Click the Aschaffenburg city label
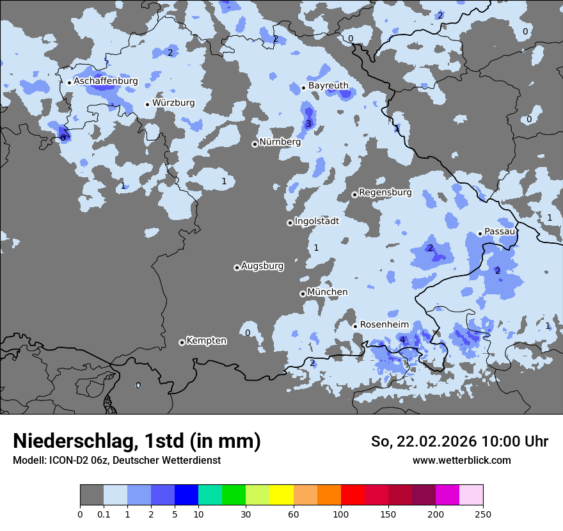106,81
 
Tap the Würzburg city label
173,102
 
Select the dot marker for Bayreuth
303,88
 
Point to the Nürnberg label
280,142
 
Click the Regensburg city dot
354,194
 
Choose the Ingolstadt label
317,221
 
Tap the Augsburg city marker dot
237,267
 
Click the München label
327,292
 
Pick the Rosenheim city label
384,324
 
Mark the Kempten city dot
182,342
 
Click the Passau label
500,231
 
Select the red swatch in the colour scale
353,495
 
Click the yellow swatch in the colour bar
281,495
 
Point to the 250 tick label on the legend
483,514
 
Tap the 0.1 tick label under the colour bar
104,514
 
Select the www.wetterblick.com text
461,460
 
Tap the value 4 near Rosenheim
402,340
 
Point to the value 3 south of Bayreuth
308,123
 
